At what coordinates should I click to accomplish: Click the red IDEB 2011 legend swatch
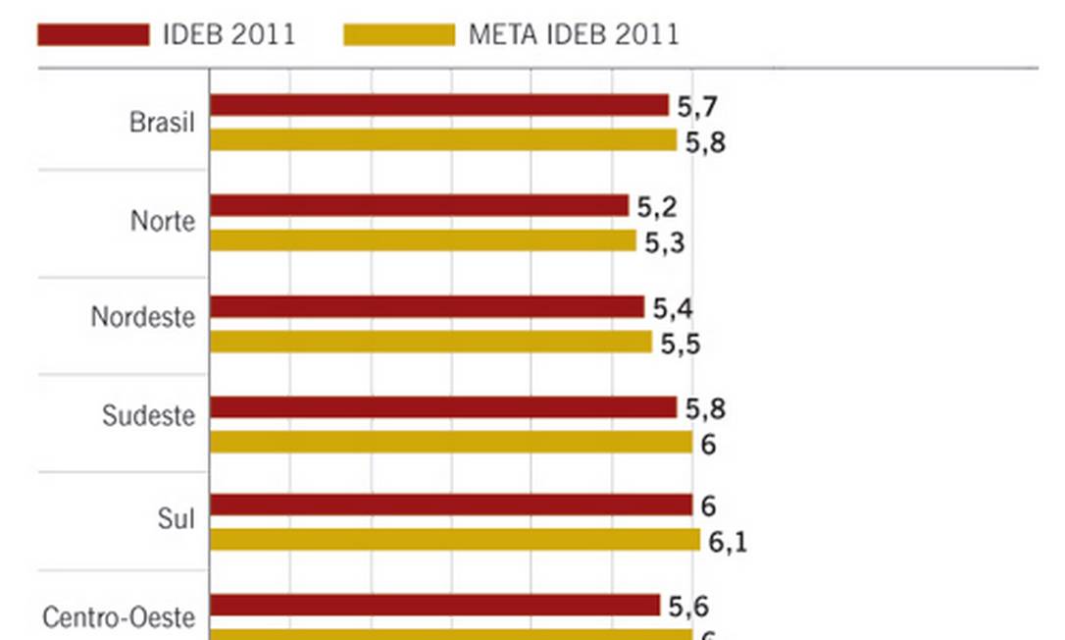point(93,34)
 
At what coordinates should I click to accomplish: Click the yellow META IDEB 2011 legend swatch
point(399,34)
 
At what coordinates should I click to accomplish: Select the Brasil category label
point(162,123)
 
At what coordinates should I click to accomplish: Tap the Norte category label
point(163,221)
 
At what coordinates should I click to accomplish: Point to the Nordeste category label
point(143,318)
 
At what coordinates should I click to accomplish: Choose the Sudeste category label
point(149,415)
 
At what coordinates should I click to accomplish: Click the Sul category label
point(177,519)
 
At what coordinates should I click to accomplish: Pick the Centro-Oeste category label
point(119,617)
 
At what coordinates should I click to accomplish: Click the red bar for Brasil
point(438,105)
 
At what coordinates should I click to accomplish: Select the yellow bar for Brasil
point(442,140)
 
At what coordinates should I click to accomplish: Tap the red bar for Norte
point(419,205)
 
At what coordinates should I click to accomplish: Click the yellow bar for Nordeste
point(431,342)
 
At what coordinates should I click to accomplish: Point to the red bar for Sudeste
point(442,407)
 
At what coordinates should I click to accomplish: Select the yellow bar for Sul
point(455,540)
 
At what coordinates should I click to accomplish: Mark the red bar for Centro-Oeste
point(434,605)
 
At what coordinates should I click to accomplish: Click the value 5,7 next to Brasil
point(697,107)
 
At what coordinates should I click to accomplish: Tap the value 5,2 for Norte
point(657,207)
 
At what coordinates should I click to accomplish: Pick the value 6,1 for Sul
point(728,542)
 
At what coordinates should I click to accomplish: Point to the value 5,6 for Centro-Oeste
point(688,607)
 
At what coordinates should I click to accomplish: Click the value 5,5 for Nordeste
point(681,344)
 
